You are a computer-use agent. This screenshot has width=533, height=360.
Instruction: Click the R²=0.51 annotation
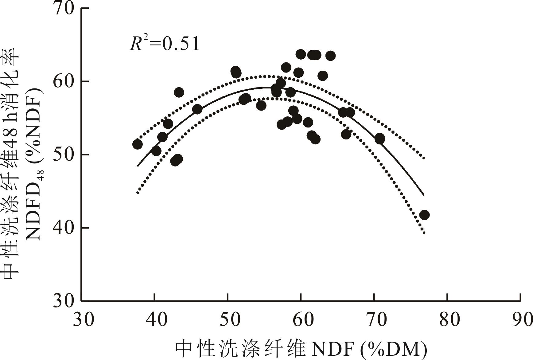[x=165, y=44]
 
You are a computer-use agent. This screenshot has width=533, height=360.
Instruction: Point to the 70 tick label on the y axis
[x=64, y=8]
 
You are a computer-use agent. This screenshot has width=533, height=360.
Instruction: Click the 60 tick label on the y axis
[x=64, y=82]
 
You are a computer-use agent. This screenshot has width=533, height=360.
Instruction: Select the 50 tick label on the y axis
[x=64, y=155]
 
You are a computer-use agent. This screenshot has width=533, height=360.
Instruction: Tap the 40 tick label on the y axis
[x=64, y=228]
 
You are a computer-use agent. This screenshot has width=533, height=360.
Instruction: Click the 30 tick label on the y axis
[x=64, y=301]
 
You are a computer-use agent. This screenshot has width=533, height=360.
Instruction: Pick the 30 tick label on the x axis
[x=83, y=319]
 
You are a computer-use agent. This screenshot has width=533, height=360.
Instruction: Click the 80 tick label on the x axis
[x=447, y=319]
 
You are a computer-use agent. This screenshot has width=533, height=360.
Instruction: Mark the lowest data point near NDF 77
[x=424, y=215]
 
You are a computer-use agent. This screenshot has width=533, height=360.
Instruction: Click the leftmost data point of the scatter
[x=137, y=144]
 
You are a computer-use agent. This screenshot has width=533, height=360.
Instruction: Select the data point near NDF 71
[x=380, y=139]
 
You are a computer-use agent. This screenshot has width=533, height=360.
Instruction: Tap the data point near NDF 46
[x=197, y=109]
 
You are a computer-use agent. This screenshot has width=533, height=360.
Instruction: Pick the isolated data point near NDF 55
[x=261, y=106]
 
